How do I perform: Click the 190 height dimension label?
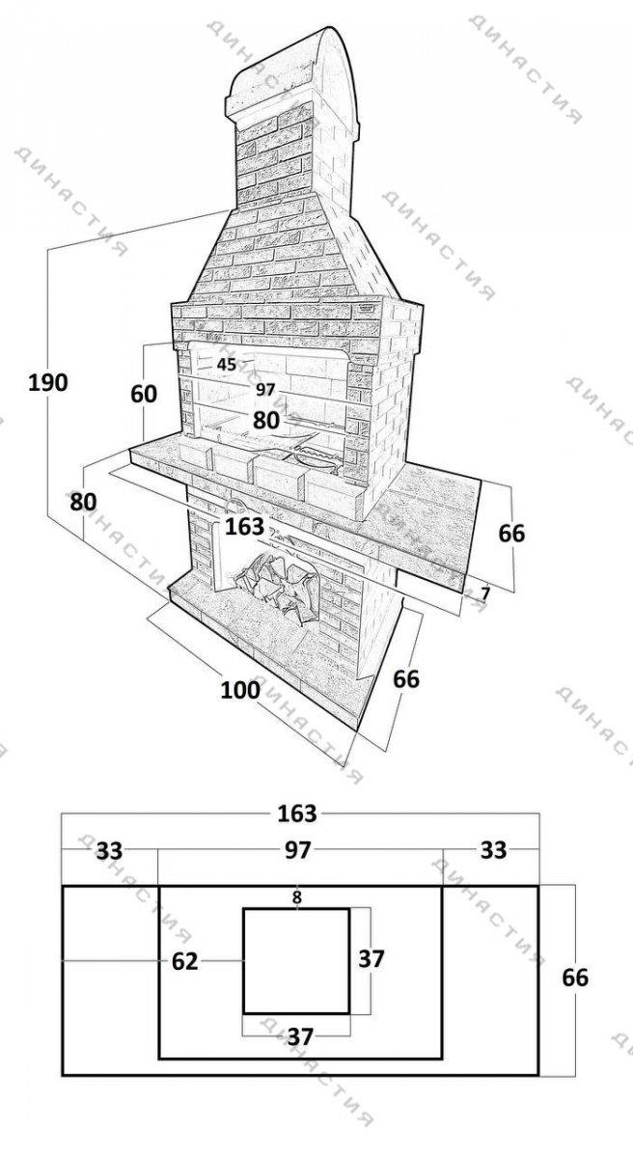pyautogui.click(x=48, y=383)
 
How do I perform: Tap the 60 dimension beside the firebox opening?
pyautogui.click(x=143, y=395)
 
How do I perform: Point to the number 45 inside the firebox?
pyautogui.click(x=227, y=365)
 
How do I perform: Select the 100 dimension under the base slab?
pyautogui.click(x=240, y=690)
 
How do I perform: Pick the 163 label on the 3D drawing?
pyautogui.click(x=244, y=527)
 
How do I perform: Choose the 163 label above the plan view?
pyautogui.click(x=297, y=813)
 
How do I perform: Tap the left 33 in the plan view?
pyautogui.click(x=110, y=850)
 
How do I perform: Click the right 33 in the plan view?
pyautogui.click(x=493, y=849)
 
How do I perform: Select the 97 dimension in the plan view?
pyautogui.click(x=297, y=850)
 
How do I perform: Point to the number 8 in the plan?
pyautogui.click(x=296, y=897)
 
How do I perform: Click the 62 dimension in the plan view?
pyautogui.click(x=184, y=961)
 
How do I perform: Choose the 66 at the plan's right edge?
pyautogui.click(x=575, y=978)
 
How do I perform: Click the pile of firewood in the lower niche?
pyautogui.click(x=278, y=584)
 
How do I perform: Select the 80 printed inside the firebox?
pyautogui.click(x=266, y=421)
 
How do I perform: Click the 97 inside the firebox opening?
pyautogui.click(x=265, y=389)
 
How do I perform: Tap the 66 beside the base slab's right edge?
pyautogui.click(x=406, y=678)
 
